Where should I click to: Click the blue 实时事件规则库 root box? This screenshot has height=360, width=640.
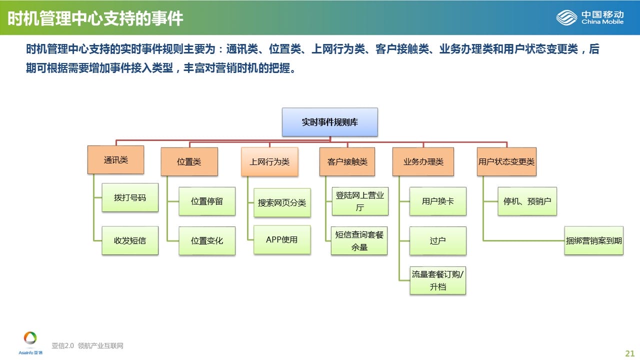pyautogui.click(x=329, y=122)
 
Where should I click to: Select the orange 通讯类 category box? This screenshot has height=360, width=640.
pyautogui.click(x=115, y=159)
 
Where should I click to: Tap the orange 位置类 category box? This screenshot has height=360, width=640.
pyautogui.click(x=189, y=161)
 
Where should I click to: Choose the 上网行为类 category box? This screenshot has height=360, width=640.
pyautogui.click(x=269, y=161)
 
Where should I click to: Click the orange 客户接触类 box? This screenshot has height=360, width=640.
pyautogui.click(x=347, y=161)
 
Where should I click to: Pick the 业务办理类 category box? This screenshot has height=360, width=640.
pyautogui.click(x=423, y=161)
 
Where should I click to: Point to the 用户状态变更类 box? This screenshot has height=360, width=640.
pyautogui.click(x=506, y=161)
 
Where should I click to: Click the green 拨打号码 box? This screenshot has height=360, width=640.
pyautogui.click(x=130, y=197)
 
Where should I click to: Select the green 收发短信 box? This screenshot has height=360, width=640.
pyautogui.click(x=130, y=240)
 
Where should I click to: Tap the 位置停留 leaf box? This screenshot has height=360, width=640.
pyautogui.click(x=207, y=201)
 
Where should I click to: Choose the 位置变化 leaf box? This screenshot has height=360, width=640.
pyautogui.click(x=207, y=240)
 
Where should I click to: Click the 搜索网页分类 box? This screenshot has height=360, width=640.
pyautogui.click(x=282, y=202)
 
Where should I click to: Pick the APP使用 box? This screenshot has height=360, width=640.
pyautogui.click(x=282, y=239)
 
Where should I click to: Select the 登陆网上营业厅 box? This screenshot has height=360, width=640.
pyautogui.click(x=360, y=201)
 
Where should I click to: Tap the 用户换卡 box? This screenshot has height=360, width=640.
pyautogui.click(x=437, y=201)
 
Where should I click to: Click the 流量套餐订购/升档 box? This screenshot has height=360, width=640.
pyautogui.click(x=437, y=280)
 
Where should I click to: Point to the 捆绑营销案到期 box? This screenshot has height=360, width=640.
pyautogui.click(x=593, y=240)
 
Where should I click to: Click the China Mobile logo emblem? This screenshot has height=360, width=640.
pyautogui.click(x=566, y=17)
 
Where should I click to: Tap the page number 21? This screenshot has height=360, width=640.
pyautogui.click(x=629, y=353)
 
